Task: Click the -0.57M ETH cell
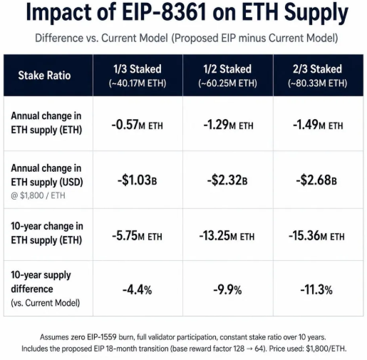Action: pos(138,125)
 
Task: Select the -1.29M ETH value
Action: pos(228,125)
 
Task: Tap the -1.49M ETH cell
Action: pos(318,125)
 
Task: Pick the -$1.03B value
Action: pos(138,180)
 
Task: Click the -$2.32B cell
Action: pos(227,180)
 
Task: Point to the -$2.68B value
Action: pos(316,180)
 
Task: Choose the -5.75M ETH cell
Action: pos(137,236)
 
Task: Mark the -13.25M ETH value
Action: pos(227,236)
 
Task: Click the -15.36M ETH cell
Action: pos(316,236)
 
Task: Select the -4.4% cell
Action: pos(138,290)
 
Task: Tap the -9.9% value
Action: pos(227,290)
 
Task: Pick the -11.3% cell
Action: pos(316,290)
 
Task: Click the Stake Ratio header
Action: pos(44,76)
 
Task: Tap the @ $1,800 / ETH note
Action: pos(38,195)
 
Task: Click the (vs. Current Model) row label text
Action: pos(46,303)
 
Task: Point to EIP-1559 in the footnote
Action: pos(102,337)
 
